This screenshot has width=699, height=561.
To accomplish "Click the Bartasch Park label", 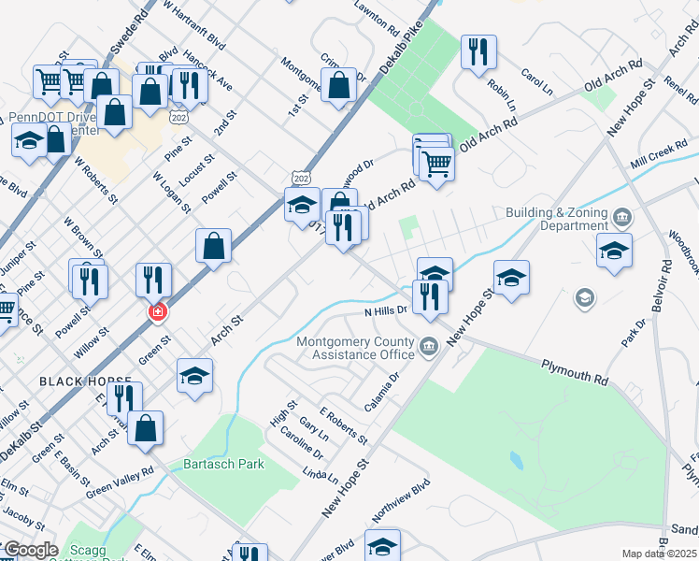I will click(x=225, y=464).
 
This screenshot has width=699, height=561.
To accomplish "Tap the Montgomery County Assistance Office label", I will click(x=354, y=348).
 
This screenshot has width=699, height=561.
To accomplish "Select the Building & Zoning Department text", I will click(x=556, y=219).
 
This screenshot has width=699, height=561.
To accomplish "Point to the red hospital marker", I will click(x=158, y=311).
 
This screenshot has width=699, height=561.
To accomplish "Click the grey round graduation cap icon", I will click(x=584, y=298).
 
